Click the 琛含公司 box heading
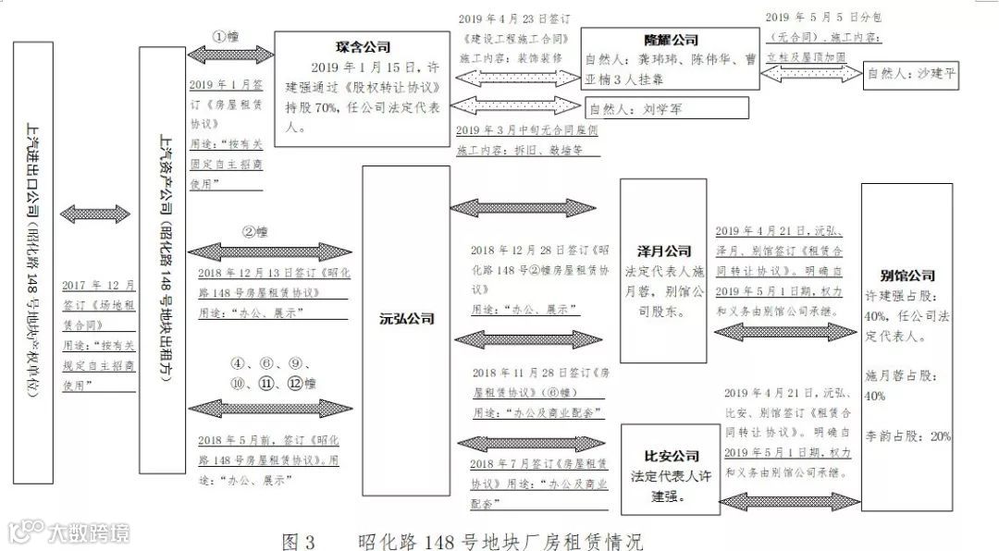(363, 46)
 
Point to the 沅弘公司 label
(406, 319)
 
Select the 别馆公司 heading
(907, 275)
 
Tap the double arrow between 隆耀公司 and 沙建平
(809, 71)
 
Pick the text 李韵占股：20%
(907, 435)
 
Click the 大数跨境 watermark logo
(69, 532)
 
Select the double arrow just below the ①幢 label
(230, 55)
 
